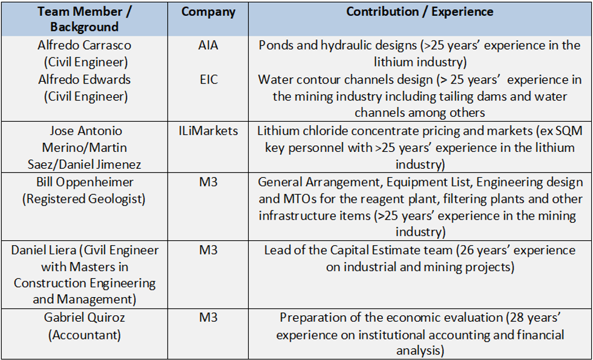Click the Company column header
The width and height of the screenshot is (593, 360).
tap(208, 12)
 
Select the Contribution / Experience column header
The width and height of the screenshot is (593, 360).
tap(419, 12)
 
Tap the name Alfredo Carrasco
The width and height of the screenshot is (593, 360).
tap(84, 45)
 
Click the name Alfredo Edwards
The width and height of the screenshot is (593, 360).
tap(84, 79)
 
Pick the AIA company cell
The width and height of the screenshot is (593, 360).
tap(208, 45)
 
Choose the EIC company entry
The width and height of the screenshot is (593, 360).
tap(208, 79)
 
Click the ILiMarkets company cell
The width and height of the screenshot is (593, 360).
tap(208, 131)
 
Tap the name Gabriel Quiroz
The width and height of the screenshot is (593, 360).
tap(84, 318)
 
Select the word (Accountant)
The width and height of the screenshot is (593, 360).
tap(84, 335)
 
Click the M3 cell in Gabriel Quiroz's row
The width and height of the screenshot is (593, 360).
tap(208, 318)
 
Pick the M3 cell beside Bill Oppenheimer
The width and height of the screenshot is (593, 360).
tap(208, 182)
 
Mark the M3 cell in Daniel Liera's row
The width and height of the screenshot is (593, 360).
tap(208, 250)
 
